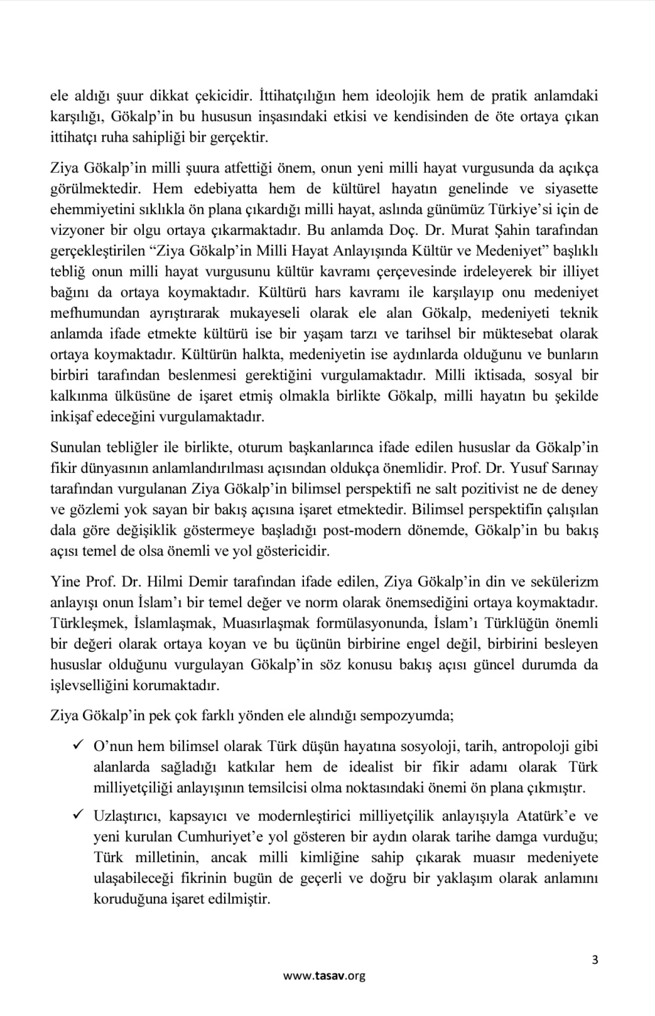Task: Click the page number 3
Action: point(595,960)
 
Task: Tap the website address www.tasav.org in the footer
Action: point(324,976)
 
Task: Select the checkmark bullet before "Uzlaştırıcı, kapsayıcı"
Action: point(78,814)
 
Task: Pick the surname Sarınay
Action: point(573,468)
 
